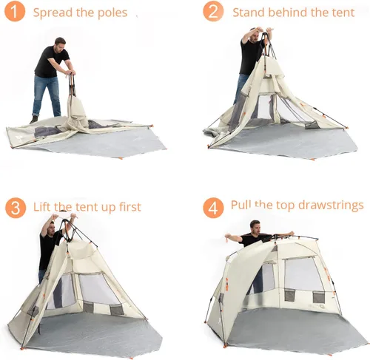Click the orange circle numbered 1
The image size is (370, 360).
coord(15,12)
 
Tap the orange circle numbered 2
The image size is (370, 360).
coord(213,12)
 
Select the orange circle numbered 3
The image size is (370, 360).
coord(15,207)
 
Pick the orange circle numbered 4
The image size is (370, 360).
coord(213,208)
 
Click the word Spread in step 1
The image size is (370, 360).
coord(53,13)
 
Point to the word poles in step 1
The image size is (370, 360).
coord(112,13)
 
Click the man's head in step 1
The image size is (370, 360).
coord(60,43)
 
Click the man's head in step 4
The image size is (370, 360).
coord(255,225)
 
